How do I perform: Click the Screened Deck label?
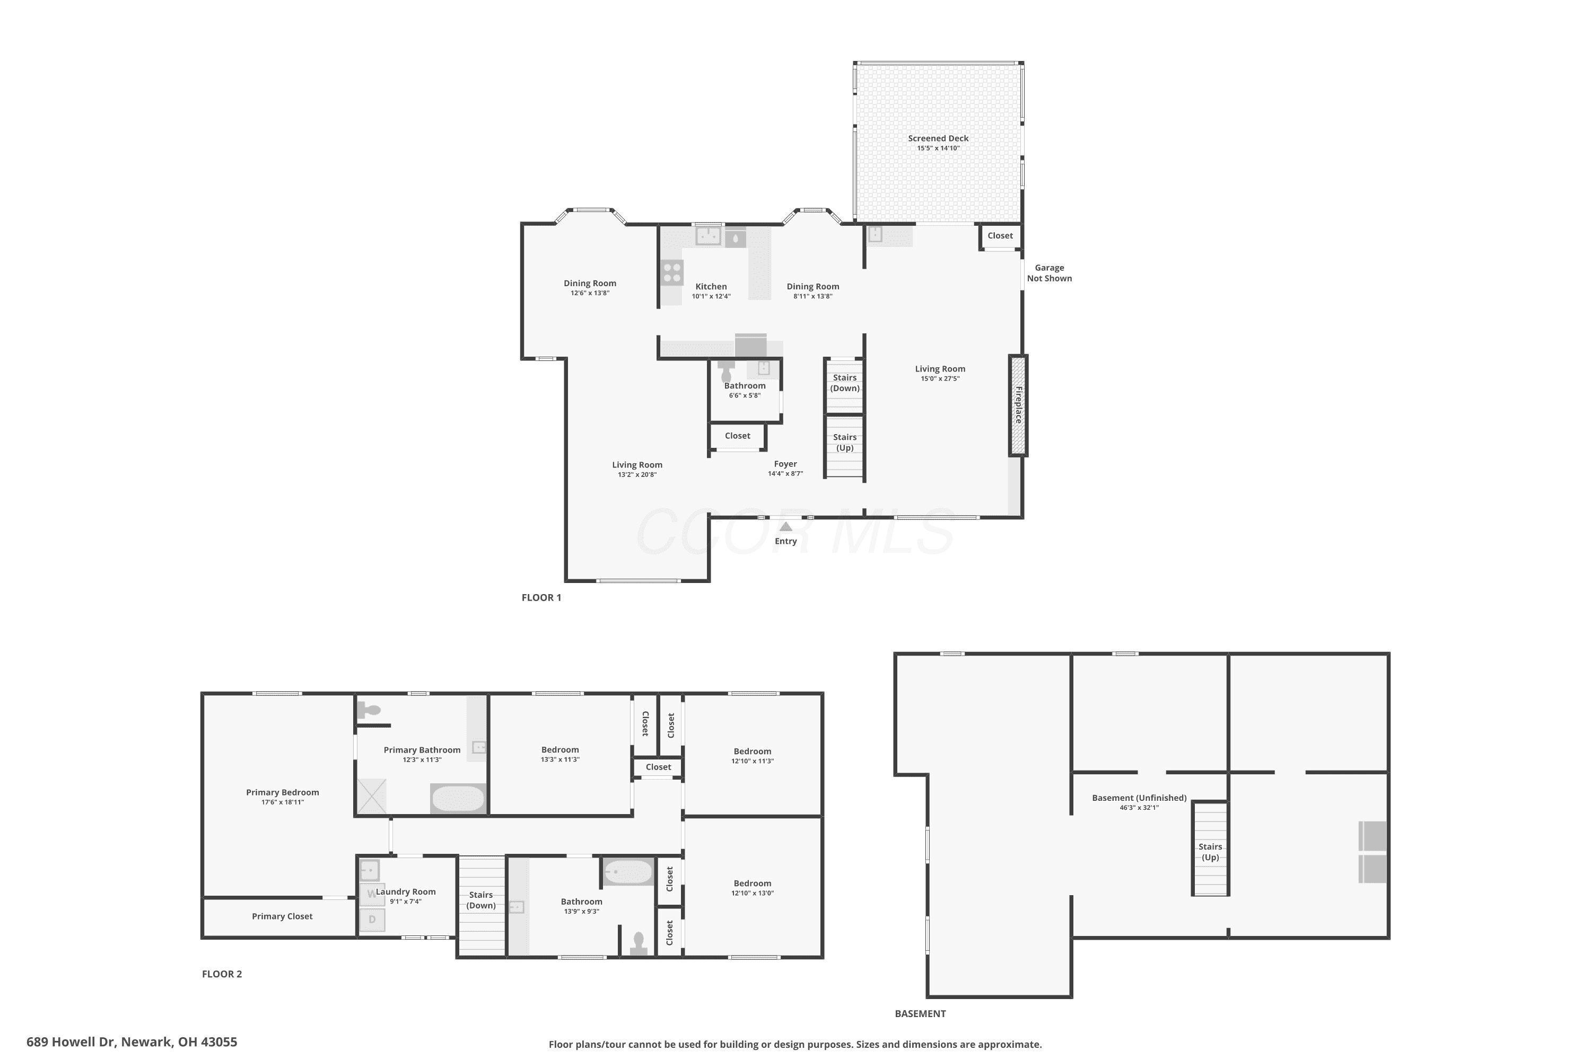[x=938, y=138]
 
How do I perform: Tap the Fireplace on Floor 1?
[x=1018, y=405]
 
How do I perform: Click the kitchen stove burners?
[x=672, y=273]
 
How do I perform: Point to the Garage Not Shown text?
[x=1049, y=273]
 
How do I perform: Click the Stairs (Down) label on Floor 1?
[x=845, y=383]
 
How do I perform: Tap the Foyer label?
[x=785, y=464]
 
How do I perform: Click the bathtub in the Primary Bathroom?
[x=459, y=798]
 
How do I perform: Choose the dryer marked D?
[x=371, y=920]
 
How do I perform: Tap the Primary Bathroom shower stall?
[x=371, y=797]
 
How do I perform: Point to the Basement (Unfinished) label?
[x=1139, y=798]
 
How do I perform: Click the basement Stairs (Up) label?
[x=1210, y=852]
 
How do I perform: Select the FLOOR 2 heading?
[x=222, y=974]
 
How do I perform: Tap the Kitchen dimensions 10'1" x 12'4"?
[x=711, y=296]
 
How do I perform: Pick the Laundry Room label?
[x=406, y=891]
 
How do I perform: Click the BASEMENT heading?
[x=920, y=1013]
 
